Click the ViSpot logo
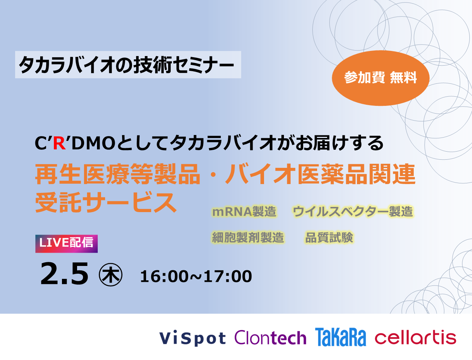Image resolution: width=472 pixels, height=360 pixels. click(192, 338)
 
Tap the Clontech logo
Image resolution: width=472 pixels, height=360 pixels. click(270, 337)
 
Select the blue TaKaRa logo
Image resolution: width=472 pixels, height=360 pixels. click(340, 337)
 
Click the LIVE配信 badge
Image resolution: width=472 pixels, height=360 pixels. click(66, 244)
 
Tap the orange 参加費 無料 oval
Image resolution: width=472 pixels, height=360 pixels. click(381, 78)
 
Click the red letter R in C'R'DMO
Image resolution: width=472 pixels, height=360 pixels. click(59, 143)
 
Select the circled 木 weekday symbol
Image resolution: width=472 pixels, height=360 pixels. click(111, 275)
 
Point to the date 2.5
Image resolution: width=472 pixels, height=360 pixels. click(64, 274)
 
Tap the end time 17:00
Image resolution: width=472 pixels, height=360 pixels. click(228, 276)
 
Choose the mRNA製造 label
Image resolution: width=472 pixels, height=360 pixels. click(244, 212)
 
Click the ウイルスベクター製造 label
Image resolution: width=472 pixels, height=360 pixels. click(353, 212)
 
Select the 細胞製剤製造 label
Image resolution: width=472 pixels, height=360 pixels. click(248, 238)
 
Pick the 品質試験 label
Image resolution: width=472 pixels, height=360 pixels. click(329, 238)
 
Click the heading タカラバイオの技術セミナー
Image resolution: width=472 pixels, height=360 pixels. click(126, 65)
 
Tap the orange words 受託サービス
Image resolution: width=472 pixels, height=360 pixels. click(105, 202)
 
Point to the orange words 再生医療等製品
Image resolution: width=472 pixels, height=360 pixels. click(117, 174)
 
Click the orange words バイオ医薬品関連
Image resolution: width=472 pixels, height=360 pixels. click(320, 174)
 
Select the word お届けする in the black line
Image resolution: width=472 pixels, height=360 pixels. click(339, 143)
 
